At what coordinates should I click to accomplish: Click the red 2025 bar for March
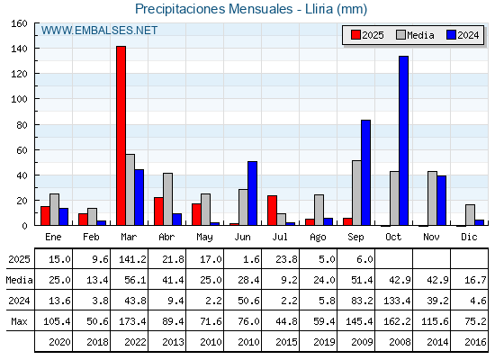point(121,136)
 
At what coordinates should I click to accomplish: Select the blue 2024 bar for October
point(404,140)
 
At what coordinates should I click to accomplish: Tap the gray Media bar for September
point(356,193)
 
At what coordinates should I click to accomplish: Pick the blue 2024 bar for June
point(252,193)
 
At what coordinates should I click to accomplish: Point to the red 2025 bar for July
point(272,211)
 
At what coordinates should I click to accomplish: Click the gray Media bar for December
point(470,215)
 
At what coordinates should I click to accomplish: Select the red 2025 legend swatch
point(355,35)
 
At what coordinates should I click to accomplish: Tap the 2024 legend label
point(468,35)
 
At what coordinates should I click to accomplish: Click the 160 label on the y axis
point(19,23)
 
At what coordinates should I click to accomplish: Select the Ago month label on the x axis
point(318,238)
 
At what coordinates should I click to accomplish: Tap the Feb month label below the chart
point(91,237)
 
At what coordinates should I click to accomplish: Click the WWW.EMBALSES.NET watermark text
point(99,31)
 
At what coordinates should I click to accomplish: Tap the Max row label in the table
point(19,321)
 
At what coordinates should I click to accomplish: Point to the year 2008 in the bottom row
point(400,342)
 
